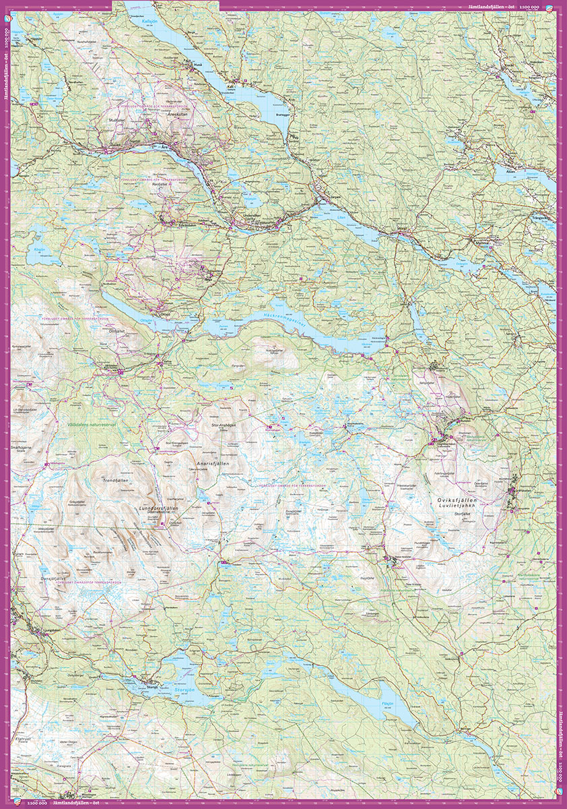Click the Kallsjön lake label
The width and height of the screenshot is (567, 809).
(x=150, y=21)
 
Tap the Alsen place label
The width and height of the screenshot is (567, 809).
(x=509, y=171)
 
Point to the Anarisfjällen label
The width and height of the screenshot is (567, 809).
(x=213, y=465)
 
